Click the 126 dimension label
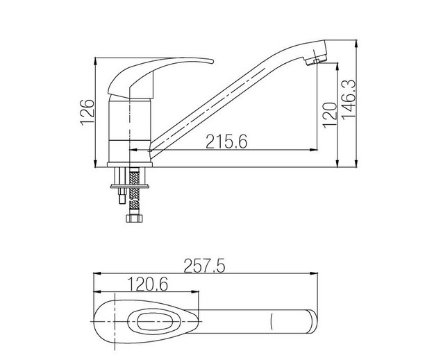tap(87, 112)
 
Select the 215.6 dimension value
tap(226, 142)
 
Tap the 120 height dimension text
tap(330, 115)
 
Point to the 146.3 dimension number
tap(349, 99)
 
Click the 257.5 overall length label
tap(204, 266)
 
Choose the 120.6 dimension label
tap(147, 284)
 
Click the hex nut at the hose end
tap(134, 218)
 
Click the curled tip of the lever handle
tap(211, 62)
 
